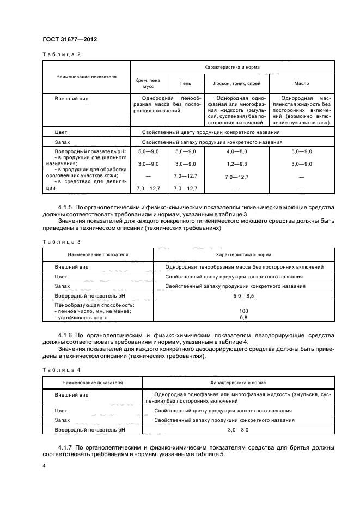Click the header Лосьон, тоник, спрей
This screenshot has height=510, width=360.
236,84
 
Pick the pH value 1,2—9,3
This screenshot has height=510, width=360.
236,164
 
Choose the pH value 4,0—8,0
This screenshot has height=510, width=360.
236,150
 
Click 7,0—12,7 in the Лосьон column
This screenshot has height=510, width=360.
236,177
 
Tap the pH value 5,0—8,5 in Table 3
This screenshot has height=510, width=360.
243,295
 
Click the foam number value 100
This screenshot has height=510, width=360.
243,311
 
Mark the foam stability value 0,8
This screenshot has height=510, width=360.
243,317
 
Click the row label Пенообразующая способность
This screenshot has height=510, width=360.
94,305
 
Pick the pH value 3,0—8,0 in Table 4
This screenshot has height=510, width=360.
243,430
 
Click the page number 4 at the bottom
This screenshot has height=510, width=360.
44,467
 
